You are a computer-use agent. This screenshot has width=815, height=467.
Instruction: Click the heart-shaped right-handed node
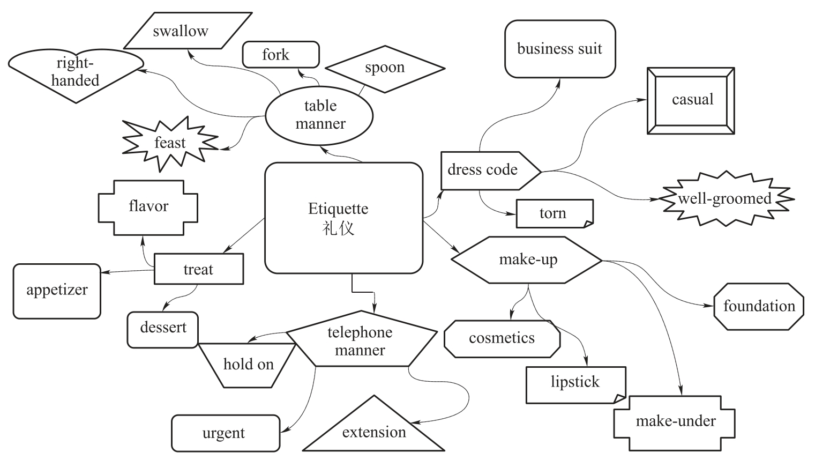(x=76, y=72)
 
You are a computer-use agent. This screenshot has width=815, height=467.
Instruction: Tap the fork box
(x=281, y=55)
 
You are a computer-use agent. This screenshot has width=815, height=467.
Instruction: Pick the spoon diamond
(x=385, y=68)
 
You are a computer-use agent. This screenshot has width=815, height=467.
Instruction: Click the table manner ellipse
(x=319, y=115)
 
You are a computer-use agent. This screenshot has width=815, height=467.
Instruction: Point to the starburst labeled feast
(x=170, y=143)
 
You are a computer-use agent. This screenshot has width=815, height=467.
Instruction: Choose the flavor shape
(x=148, y=206)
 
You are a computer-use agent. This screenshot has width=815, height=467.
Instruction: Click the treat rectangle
(x=199, y=269)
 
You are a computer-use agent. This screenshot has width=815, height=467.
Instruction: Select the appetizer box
(x=57, y=291)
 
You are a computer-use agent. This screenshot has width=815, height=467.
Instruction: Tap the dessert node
(x=163, y=328)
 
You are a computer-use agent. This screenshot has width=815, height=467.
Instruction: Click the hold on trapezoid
(x=248, y=365)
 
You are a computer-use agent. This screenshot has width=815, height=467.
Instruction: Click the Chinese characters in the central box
(x=339, y=228)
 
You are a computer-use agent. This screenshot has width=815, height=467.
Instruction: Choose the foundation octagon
(x=759, y=307)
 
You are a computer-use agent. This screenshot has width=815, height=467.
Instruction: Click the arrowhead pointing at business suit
(x=558, y=82)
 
